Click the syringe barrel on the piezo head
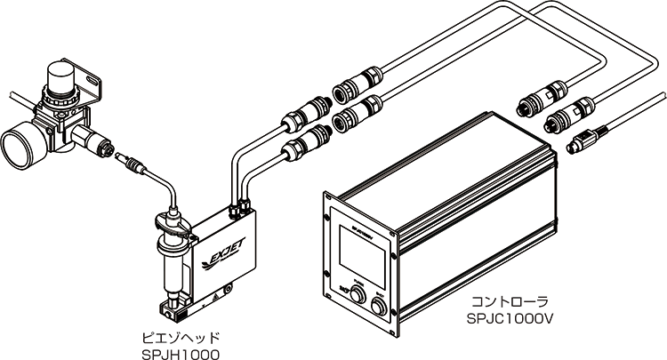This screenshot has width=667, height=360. click(172, 261)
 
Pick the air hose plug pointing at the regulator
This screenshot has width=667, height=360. click(128, 165)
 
